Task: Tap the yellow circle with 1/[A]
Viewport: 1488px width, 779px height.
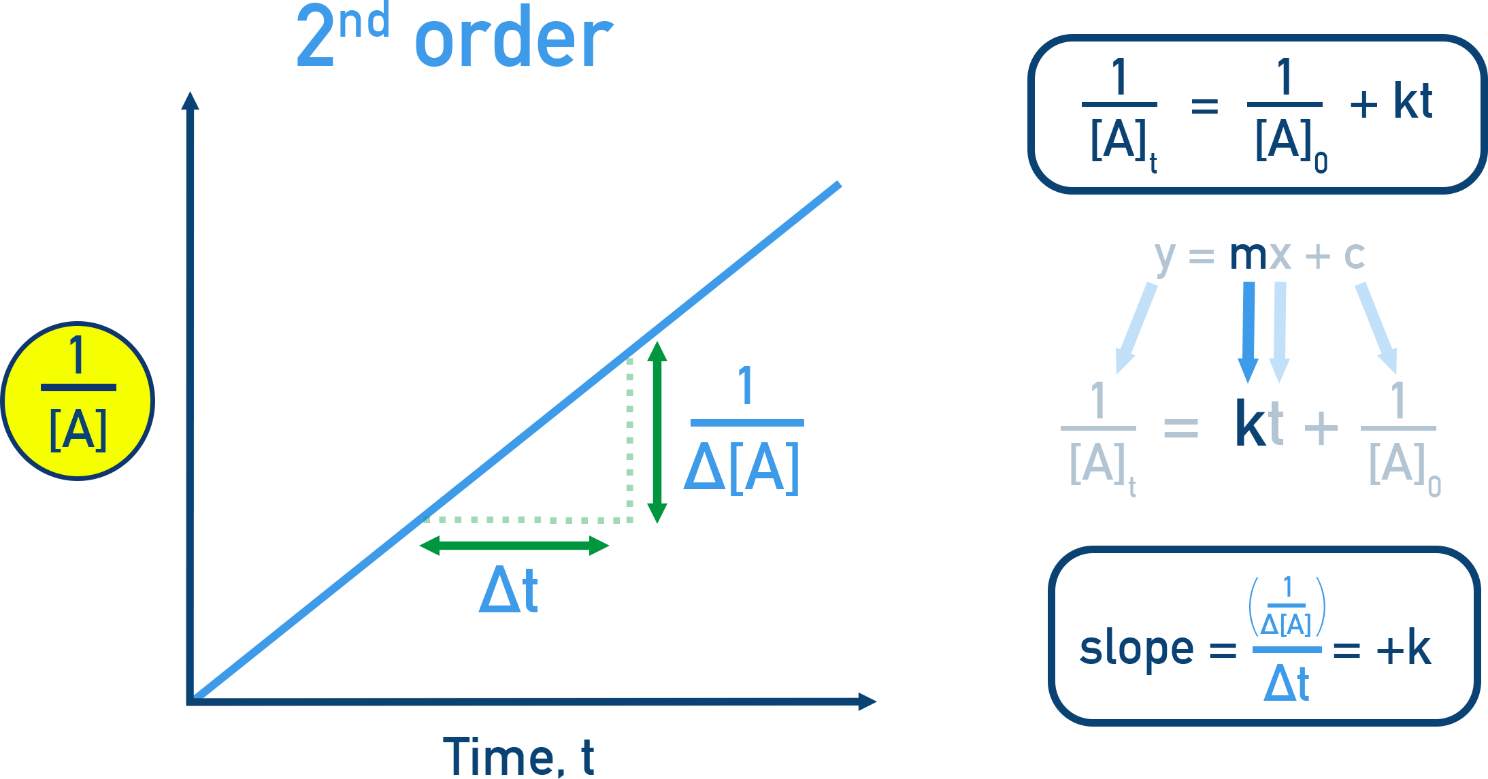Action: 78,401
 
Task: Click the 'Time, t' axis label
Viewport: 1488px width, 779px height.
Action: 518,757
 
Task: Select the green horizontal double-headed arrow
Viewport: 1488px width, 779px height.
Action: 514,546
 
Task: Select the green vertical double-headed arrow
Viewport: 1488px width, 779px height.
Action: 657,433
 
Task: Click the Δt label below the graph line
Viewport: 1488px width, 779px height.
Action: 508,591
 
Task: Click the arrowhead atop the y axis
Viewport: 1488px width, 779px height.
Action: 191,102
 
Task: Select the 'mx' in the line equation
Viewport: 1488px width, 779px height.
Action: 1260,256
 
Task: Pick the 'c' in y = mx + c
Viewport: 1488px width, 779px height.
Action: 1354,256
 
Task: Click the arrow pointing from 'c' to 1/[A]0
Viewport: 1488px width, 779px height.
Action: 1377,327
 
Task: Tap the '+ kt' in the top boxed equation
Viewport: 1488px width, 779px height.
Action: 1391,102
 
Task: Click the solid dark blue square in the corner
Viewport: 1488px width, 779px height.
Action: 1440,737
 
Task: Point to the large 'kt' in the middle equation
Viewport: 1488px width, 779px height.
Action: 1259,423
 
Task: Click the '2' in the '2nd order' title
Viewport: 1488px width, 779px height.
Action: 315,37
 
